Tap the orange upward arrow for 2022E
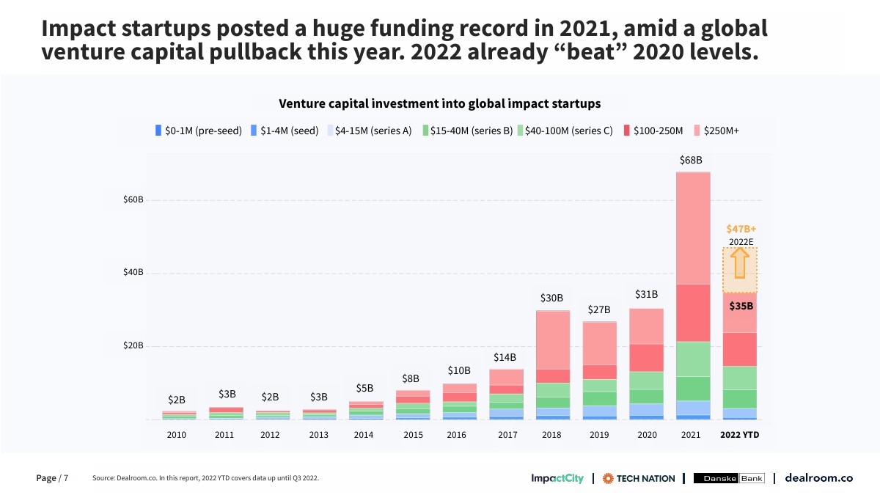(x=740, y=263)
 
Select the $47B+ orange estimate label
(x=741, y=229)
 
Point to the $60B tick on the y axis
(x=132, y=199)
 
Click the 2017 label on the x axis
(x=507, y=435)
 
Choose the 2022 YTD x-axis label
(x=740, y=435)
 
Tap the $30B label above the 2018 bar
(x=551, y=298)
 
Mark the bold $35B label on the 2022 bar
(x=741, y=306)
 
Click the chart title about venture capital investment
(x=439, y=103)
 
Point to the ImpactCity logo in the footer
(x=557, y=478)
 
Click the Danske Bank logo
(x=729, y=478)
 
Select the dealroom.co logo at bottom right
(x=818, y=478)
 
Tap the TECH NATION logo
(x=639, y=478)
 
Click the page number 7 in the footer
(x=66, y=478)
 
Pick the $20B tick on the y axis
(x=132, y=346)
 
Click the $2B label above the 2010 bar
(x=177, y=400)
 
